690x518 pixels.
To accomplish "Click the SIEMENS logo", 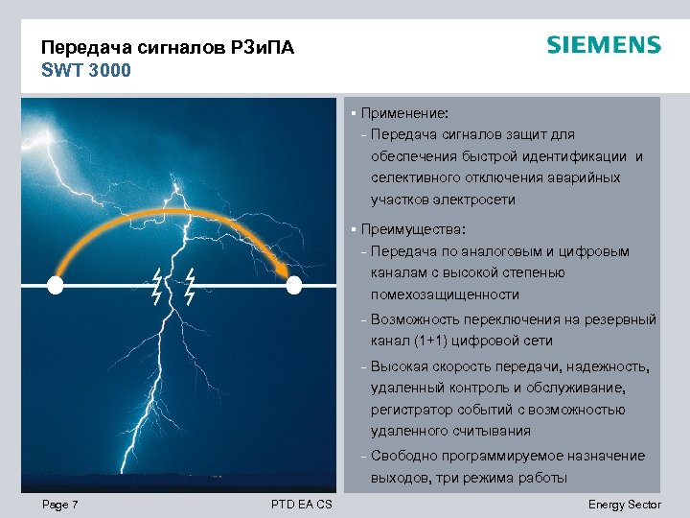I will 604,45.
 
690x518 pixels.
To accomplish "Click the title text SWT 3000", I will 85,70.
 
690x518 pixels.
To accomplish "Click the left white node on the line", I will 55,285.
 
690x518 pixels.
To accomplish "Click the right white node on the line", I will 294,285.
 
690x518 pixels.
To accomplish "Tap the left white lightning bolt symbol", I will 157,285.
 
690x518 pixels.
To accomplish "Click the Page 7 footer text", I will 60,505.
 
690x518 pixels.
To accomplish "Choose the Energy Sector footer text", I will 624,505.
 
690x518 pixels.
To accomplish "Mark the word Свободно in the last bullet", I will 402,456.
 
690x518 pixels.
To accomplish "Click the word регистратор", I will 412,410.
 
